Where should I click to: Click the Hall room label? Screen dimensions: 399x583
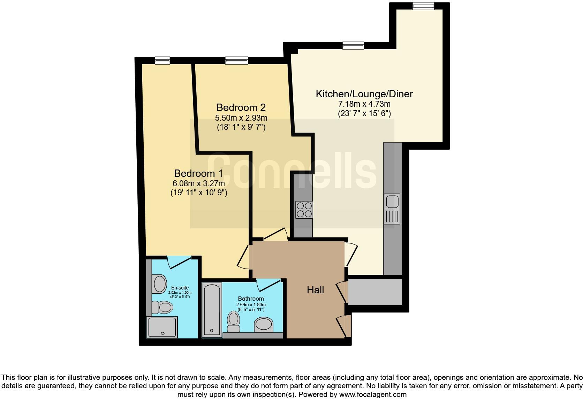315,290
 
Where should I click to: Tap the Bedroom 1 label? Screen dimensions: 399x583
198,173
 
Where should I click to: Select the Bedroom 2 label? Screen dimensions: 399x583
241,107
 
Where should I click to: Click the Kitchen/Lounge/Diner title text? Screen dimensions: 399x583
364,94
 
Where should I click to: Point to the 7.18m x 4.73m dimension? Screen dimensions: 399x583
364,104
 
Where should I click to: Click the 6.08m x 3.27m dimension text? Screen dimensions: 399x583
198,183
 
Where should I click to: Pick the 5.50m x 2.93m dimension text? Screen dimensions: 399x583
241,118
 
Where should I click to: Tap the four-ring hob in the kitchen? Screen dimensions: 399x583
304,210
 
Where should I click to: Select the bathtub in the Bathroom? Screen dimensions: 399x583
212,310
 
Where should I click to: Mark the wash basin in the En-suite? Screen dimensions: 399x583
160,284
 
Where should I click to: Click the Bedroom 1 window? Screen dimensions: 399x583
162,61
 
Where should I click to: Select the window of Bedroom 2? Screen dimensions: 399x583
236,61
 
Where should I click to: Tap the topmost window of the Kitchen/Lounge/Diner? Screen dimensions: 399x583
423,6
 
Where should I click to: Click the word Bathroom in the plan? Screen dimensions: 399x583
251,299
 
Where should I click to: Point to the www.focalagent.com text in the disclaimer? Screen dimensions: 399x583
372,394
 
